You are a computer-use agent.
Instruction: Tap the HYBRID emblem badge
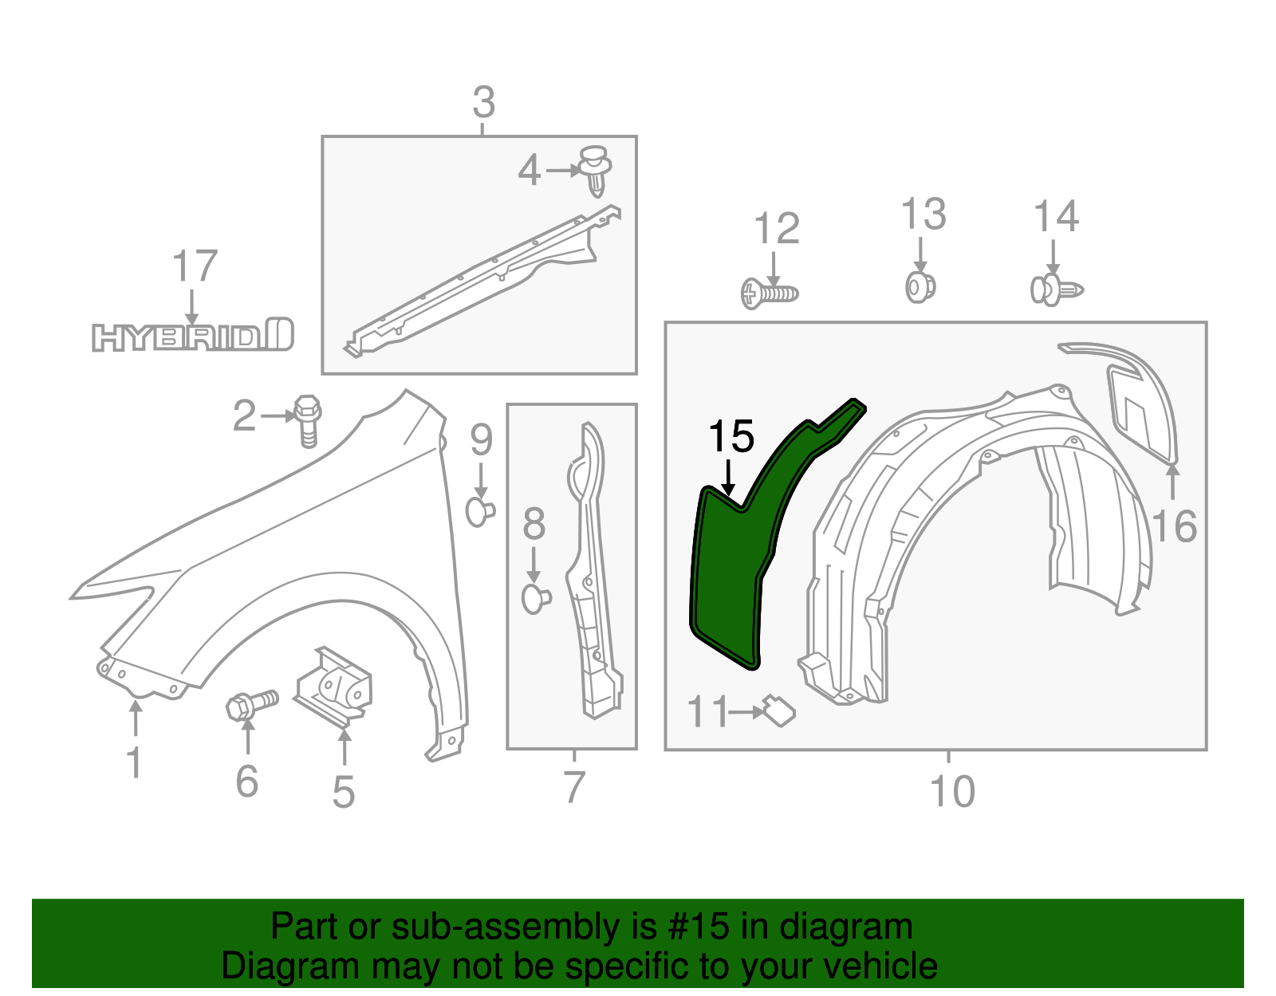192,337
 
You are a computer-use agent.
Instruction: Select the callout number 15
731,437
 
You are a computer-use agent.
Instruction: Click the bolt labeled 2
307,419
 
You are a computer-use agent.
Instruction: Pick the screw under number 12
769,293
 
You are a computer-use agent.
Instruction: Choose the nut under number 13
920,286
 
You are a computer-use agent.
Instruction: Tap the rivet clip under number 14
1056,289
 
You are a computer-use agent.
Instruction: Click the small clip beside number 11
778,710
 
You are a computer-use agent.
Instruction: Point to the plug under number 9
479,511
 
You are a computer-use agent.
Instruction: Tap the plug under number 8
535,597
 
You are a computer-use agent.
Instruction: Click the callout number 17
195,266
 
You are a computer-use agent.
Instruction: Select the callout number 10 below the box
951,791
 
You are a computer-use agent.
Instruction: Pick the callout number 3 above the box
483,103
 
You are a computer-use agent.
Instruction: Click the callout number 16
1174,526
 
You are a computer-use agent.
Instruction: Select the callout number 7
574,787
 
